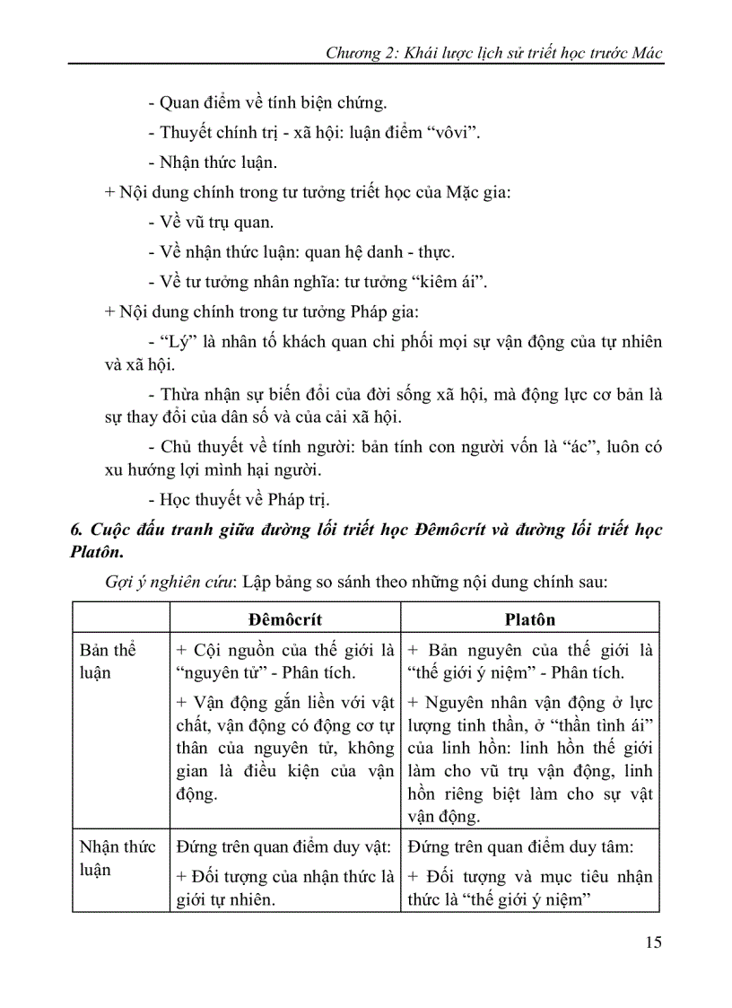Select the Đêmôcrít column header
click(285, 619)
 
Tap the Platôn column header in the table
click(529, 619)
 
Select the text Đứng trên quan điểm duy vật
click(284, 846)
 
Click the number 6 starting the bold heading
click(75, 530)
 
